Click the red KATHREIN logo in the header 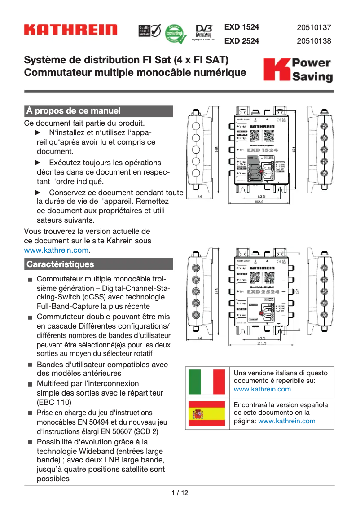coord(70,30)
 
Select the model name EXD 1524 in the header coord(241,27)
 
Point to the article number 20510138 coord(314,41)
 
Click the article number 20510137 coord(314,27)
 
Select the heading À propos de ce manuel coord(74,110)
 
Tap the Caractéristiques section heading coord(60,264)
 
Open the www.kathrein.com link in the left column coord(56,250)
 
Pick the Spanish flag coord(207,413)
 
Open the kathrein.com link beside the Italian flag coord(262,389)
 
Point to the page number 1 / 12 coord(180,492)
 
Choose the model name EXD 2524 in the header coord(241,41)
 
